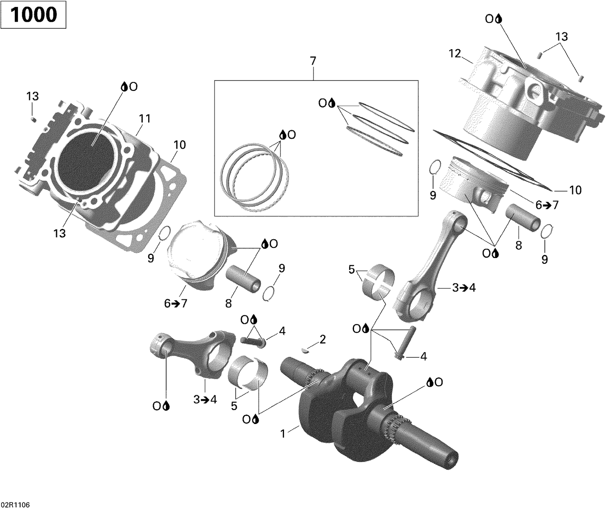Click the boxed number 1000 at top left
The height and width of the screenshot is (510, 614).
click(33, 15)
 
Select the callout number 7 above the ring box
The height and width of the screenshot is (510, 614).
click(313, 61)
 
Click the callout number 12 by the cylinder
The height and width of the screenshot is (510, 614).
click(454, 54)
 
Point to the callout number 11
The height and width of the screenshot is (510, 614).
click(144, 119)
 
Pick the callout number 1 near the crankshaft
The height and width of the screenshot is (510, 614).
click(282, 433)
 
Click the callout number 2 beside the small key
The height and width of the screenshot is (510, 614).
click(323, 339)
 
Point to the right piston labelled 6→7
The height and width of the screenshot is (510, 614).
click(475, 180)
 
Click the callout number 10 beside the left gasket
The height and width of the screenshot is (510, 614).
click(180, 145)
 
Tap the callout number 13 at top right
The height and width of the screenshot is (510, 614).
click(562, 37)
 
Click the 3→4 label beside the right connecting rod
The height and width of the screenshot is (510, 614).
click(464, 288)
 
